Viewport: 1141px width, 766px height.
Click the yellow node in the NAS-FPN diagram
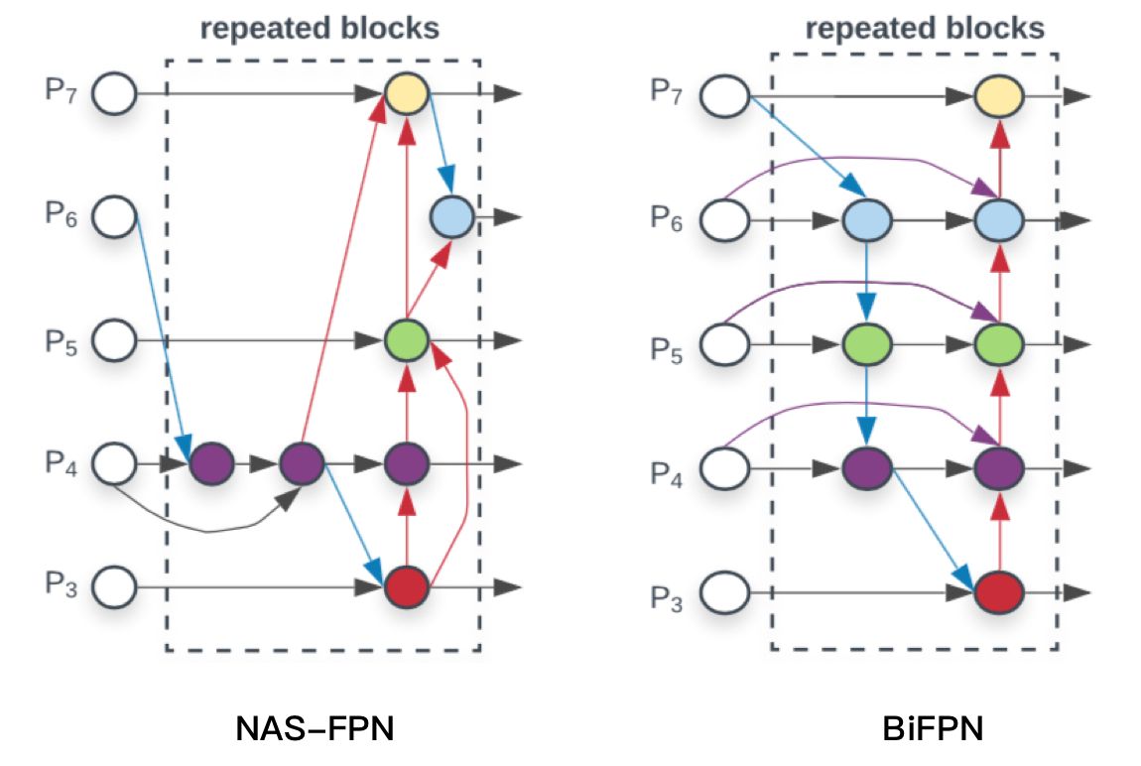406,93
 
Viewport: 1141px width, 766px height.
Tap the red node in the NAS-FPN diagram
406,586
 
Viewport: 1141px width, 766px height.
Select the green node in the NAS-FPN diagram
406,340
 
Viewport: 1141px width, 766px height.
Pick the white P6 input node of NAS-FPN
116,216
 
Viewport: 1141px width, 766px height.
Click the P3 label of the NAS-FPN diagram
59,584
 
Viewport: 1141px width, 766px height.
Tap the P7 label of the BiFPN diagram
668,91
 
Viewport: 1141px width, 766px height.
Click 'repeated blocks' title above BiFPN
925,28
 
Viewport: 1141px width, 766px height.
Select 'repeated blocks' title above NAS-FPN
319,28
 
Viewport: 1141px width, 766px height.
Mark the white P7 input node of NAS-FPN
116,94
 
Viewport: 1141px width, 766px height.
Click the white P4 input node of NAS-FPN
116,462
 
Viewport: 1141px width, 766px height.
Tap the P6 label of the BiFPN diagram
668,217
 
